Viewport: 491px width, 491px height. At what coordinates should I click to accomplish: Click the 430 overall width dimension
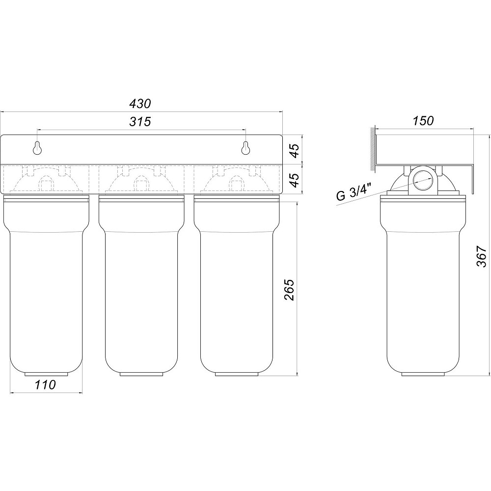[140, 103]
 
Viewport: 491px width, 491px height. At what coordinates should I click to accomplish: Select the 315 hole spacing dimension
[140, 121]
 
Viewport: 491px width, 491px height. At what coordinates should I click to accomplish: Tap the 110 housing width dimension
[45, 384]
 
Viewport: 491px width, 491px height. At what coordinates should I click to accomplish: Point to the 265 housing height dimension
[290, 290]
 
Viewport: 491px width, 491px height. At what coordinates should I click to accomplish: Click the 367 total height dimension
[481, 256]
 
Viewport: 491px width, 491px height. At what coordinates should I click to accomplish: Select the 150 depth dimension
[423, 121]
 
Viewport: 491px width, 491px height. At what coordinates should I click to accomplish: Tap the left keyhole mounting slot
[38, 148]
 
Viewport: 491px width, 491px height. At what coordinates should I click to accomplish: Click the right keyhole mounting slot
[246, 148]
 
